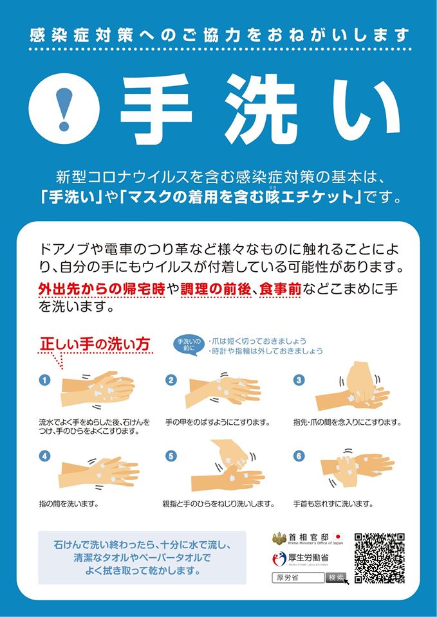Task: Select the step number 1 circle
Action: tap(44, 380)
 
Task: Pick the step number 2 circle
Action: tap(171, 380)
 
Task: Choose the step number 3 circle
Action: tap(298, 380)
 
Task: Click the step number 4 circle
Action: tap(44, 456)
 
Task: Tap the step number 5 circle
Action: tap(171, 456)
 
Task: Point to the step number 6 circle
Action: tap(298, 456)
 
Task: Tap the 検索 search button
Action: tap(336, 577)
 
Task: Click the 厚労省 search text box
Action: tap(298, 577)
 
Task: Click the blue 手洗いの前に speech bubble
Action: tap(188, 344)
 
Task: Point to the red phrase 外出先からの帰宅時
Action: tap(101, 291)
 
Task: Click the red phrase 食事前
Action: tap(281, 291)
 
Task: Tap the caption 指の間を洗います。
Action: tap(69, 503)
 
